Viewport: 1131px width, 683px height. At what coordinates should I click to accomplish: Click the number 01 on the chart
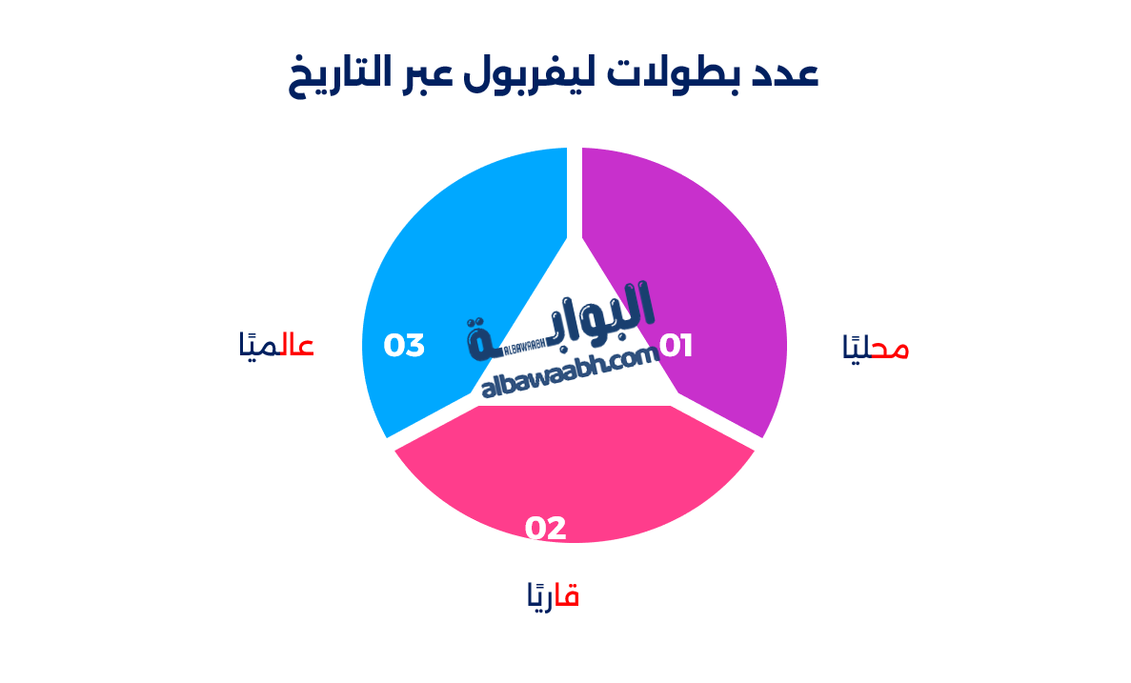pos(676,346)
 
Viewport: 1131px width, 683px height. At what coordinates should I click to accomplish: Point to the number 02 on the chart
pos(546,528)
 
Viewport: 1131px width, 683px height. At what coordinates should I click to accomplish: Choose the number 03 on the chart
pos(404,346)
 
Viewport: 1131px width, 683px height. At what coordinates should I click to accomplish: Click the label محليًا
pos(876,348)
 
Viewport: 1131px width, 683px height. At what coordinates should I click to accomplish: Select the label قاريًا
pos(554,596)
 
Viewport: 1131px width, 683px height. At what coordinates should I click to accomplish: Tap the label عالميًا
pos(276,345)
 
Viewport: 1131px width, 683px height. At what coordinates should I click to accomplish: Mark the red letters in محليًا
pos(890,349)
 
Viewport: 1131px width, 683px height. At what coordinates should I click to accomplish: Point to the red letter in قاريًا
pos(569,596)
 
